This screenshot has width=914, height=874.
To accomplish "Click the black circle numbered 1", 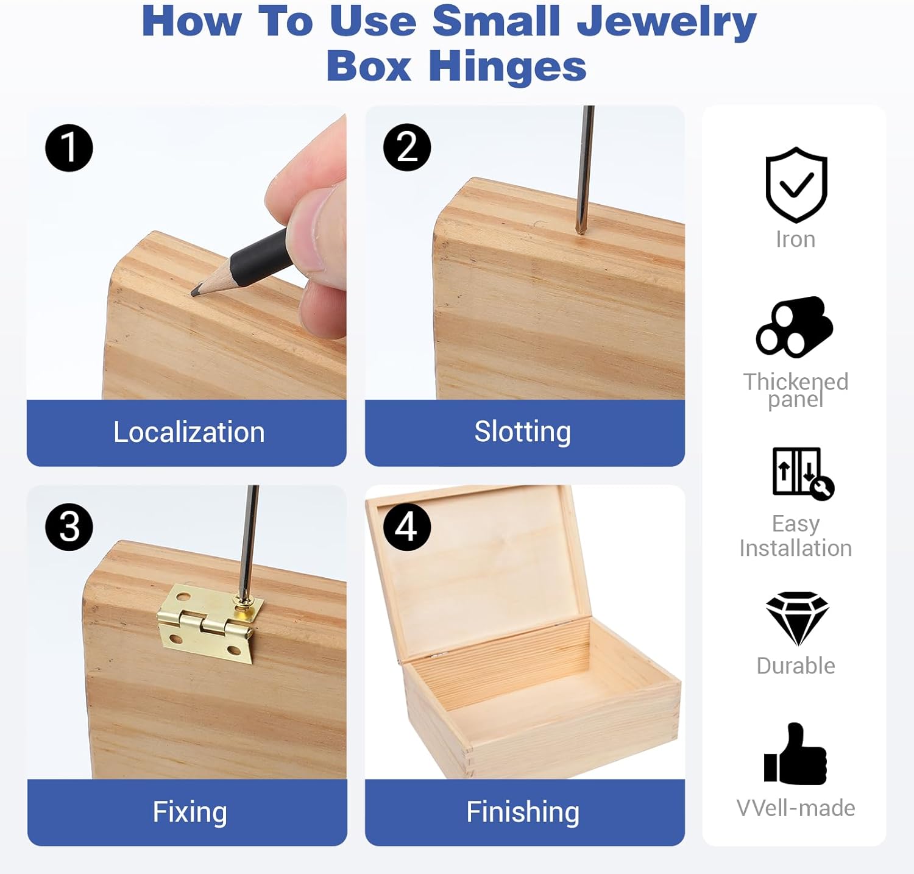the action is pyautogui.click(x=69, y=148).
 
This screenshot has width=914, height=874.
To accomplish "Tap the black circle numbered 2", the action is pyautogui.click(x=407, y=147).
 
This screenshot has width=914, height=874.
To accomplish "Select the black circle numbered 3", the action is pyautogui.click(x=69, y=527).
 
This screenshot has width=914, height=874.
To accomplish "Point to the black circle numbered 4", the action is pyautogui.click(x=407, y=527).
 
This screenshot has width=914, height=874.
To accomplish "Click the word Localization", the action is pyautogui.click(x=189, y=432).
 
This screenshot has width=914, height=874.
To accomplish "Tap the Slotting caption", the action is pyautogui.click(x=523, y=432).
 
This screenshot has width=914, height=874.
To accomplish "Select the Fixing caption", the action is pyautogui.click(x=190, y=812).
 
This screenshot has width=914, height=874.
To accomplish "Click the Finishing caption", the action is pyautogui.click(x=523, y=812).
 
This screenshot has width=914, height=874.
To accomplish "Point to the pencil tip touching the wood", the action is pyautogui.click(x=194, y=293).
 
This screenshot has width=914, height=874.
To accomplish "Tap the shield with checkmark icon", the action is pyautogui.click(x=796, y=185).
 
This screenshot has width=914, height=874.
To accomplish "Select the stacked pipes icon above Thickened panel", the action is pyautogui.click(x=795, y=327).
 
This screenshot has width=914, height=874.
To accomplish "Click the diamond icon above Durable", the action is pyautogui.click(x=797, y=618).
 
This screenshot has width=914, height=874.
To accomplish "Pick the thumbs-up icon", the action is pyautogui.click(x=795, y=754).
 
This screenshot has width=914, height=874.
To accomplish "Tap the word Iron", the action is pyautogui.click(x=796, y=240).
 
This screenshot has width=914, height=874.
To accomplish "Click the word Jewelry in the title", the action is pyautogui.click(x=667, y=22).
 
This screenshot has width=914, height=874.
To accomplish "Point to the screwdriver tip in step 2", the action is pyautogui.click(x=581, y=230).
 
